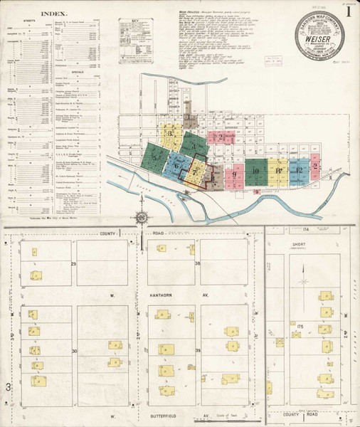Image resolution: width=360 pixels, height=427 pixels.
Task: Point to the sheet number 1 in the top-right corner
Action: [348, 11]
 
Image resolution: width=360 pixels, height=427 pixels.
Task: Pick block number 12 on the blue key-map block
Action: [300, 170]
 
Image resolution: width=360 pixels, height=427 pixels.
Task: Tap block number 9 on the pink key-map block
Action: [233, 174]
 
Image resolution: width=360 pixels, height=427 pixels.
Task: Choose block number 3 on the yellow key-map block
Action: [171, 132]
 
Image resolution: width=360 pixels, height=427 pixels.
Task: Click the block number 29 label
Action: [73, 263]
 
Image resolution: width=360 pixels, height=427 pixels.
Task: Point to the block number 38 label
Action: [198, 263]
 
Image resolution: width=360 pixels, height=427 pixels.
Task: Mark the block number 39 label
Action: [198, 351]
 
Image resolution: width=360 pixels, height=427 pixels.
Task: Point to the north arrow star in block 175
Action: [304, 282]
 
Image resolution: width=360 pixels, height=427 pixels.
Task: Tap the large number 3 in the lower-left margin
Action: [9, 386]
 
